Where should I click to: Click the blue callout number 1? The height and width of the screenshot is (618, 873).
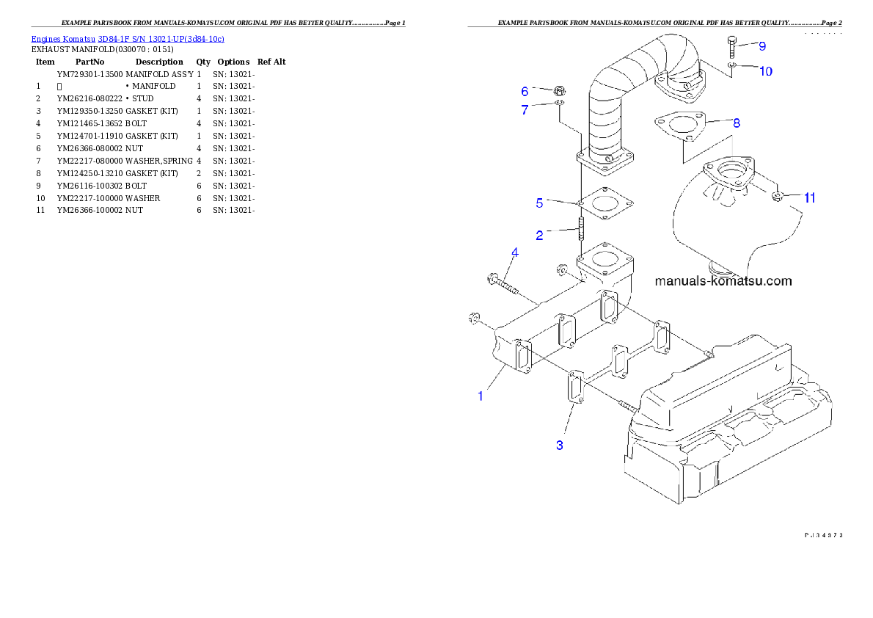pos(481,396)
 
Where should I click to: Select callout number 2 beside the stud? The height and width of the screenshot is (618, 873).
pos(540,236)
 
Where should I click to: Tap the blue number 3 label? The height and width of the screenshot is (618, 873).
pos(560,445)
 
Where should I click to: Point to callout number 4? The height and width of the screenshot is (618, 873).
pos(515,252)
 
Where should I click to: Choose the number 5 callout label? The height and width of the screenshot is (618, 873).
pos(539,202)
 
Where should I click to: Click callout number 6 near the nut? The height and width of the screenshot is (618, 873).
pos(525,92)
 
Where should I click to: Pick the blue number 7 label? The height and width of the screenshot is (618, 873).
pos(525,110)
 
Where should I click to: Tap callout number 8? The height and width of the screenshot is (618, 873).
pos(737,123)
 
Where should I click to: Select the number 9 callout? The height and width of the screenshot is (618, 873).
pos(762,46)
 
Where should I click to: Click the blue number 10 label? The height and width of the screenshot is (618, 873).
pos(765,71)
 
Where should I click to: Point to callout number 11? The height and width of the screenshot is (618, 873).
pos(809,197)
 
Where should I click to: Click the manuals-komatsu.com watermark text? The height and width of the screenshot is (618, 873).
pos(723,281)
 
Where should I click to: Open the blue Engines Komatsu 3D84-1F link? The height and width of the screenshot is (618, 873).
pos(128,38)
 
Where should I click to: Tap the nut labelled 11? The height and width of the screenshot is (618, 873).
pos(779,197)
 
